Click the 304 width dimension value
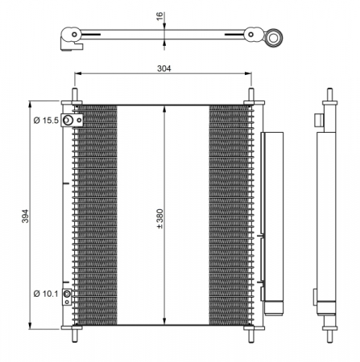coord(164,69)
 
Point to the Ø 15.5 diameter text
coord(46,121)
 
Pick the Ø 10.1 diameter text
coord(46,294)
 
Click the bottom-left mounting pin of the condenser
coord(76,331)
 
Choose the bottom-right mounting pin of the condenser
coord(253,331)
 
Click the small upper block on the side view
coord(320,120)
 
